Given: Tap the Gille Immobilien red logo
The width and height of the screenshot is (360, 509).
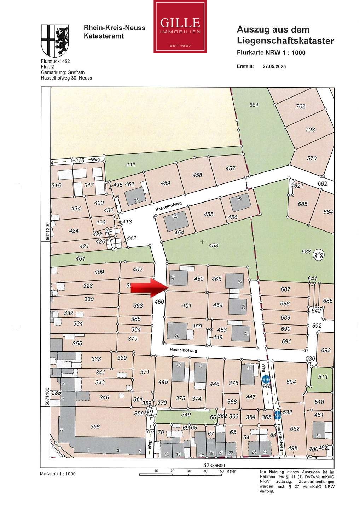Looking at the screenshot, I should pyautogui.click(x=180, y=27).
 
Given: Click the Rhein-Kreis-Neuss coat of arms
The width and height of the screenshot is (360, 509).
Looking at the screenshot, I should pyautogui.click(x=55, y=41).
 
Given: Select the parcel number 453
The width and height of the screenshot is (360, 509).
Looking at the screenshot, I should pyautogui.click(x=213, y=245).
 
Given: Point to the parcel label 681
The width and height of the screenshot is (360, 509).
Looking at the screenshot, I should pyautogui.click(x=254, y=105).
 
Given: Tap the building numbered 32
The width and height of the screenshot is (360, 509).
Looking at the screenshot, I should pyautogui.click(x=176, y=221).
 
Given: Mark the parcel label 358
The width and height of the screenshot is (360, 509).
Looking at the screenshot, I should pyautogui.click(x=95, y=427).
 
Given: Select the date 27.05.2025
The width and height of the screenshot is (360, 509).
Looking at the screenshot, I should pyautogui.click(x=274, y=66).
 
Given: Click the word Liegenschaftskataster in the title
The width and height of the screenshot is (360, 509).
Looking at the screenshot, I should pyautogui.click(x=285, y=41).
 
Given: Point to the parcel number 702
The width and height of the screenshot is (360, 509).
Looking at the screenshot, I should pyautogui.click(x=300, y=106).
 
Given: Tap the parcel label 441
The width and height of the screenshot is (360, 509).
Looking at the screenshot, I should pyautogui.click(x=130, y=164).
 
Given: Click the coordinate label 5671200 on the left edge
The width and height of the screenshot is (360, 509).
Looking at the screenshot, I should pyautogui.click(x=47, y=232).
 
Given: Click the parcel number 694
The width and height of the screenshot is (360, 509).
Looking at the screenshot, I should pyautogui.click(x=291, y=382).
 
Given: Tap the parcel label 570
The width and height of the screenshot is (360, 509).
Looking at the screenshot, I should pyautogui.click(x=312, y=158).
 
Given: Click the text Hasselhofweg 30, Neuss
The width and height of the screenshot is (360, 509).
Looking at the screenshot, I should pyautogui.click(x=66, y=78).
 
